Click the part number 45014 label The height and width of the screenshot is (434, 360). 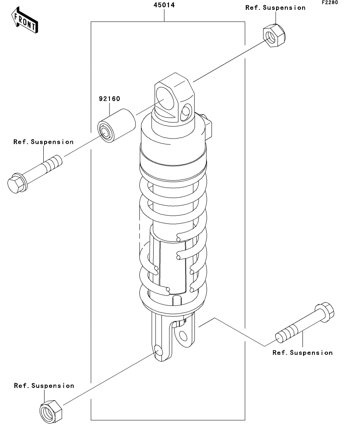click(x=164, y=5)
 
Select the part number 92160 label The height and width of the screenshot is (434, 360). click(x=109, y=99)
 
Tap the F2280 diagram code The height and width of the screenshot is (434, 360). click(x=330, y=2)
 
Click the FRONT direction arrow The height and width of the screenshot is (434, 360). click(x=25, y=20)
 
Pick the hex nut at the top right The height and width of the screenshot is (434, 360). click(x=274, y=36)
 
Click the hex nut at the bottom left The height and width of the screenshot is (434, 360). click(x=51, y=411)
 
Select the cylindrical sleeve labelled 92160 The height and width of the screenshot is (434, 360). click(x=117, y=126)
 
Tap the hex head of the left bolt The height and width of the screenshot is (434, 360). click(x=16, y=183)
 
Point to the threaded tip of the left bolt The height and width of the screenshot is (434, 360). click(x=54, y=162)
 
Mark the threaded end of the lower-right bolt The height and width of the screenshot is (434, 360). click(x=286, y=334)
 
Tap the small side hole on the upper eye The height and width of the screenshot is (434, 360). click(x=186, y=112)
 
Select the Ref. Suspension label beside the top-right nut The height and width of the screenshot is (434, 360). click(x=275, y=8)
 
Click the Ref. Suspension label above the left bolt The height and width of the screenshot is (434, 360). click(x=43, y=142)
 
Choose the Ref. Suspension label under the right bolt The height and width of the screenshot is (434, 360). click(x=302, y=353)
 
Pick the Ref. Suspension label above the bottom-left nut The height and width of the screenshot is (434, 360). click(x=44, y=386)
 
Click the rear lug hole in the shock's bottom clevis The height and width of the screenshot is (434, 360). click(x=183, y=336)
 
